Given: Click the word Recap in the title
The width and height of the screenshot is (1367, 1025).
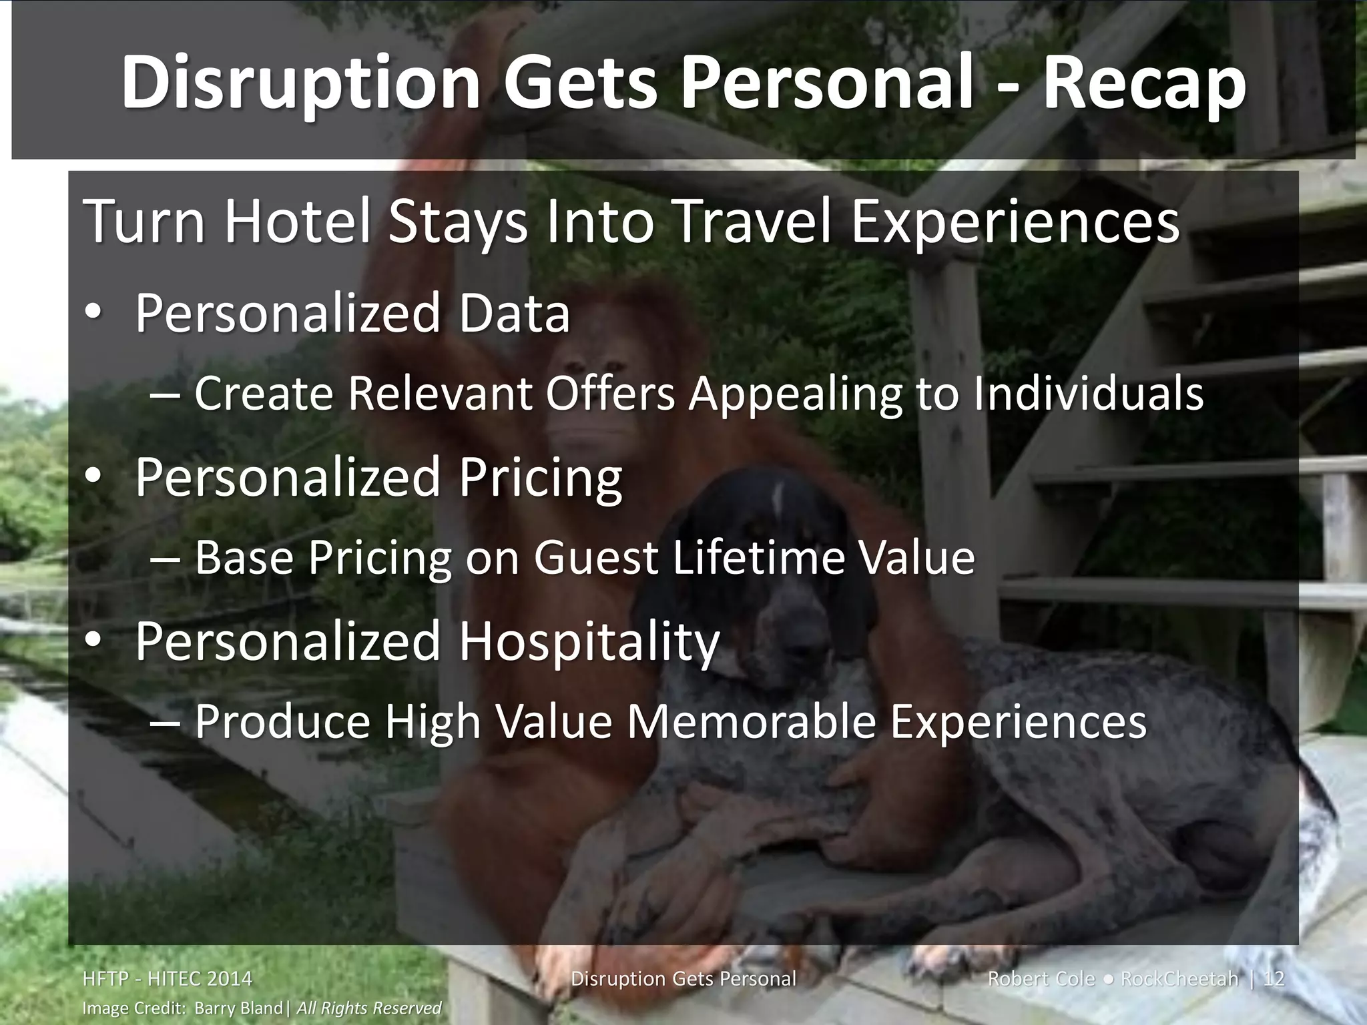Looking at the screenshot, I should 1145,83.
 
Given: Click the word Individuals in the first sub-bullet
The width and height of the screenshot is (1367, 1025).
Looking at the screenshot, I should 1088,394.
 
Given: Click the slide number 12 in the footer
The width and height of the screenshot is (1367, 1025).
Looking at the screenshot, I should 1274,979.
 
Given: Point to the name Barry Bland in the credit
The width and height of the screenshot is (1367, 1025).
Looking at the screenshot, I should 238,1008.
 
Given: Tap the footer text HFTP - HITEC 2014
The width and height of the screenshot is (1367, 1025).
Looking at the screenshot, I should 167,979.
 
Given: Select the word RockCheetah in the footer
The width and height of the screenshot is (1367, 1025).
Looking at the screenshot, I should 1179,979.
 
